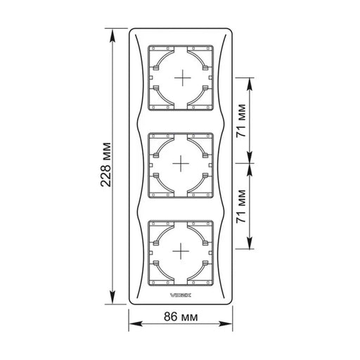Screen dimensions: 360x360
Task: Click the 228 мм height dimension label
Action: tap(105, 165)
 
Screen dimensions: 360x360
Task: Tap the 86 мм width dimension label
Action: tap(181, 317)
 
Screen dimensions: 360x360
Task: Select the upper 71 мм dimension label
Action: tap(241, 120)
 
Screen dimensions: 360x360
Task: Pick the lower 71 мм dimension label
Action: tap(241, 206)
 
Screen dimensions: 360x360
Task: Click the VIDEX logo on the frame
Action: tap(180, 295)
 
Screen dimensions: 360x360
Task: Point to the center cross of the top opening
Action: tap(183, 77)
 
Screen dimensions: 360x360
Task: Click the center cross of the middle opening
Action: tap(181, 163)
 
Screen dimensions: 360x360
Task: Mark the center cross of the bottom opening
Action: tap(181, 251)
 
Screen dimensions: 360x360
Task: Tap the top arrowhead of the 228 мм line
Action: tap(112, 36)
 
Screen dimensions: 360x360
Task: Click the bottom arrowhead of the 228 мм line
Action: tap(112, 297)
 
